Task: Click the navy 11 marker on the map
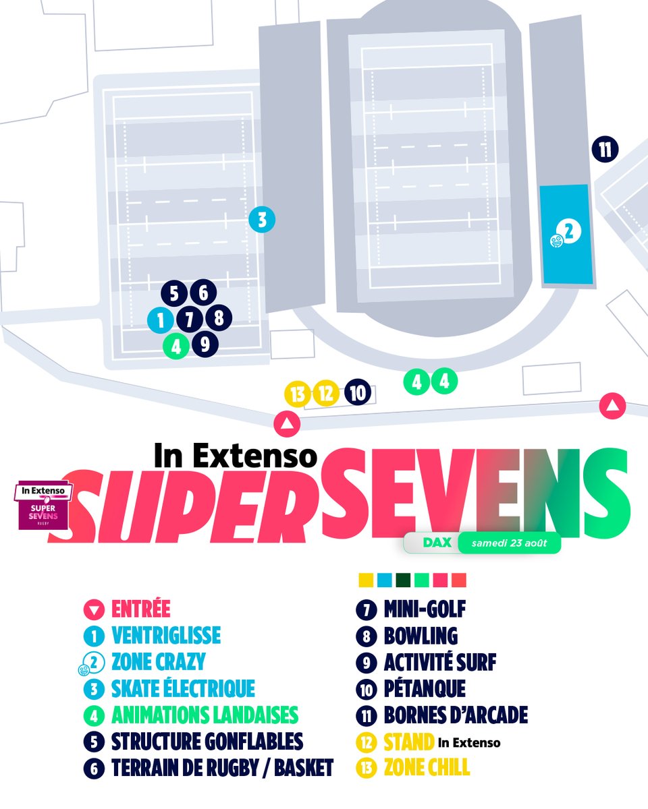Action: [605, 150]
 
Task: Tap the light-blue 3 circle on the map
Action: [262, 219]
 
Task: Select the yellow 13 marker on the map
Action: [297, 394]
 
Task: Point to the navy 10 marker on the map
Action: [358, 393]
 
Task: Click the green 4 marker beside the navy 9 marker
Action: [176, 347]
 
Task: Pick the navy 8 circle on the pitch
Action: [218, 318]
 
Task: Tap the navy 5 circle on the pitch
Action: [174, 293]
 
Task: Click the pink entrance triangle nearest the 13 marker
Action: [287, 423]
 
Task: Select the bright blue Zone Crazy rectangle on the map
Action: [566, 234]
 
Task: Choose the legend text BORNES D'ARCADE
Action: [456, 715]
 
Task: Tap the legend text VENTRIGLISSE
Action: [166, 635]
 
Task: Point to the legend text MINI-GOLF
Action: [425, 609]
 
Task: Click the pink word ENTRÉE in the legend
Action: [140, 609]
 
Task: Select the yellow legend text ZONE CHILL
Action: [427, 767]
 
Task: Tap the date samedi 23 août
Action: [509, 543]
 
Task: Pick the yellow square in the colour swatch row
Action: [366, 580]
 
